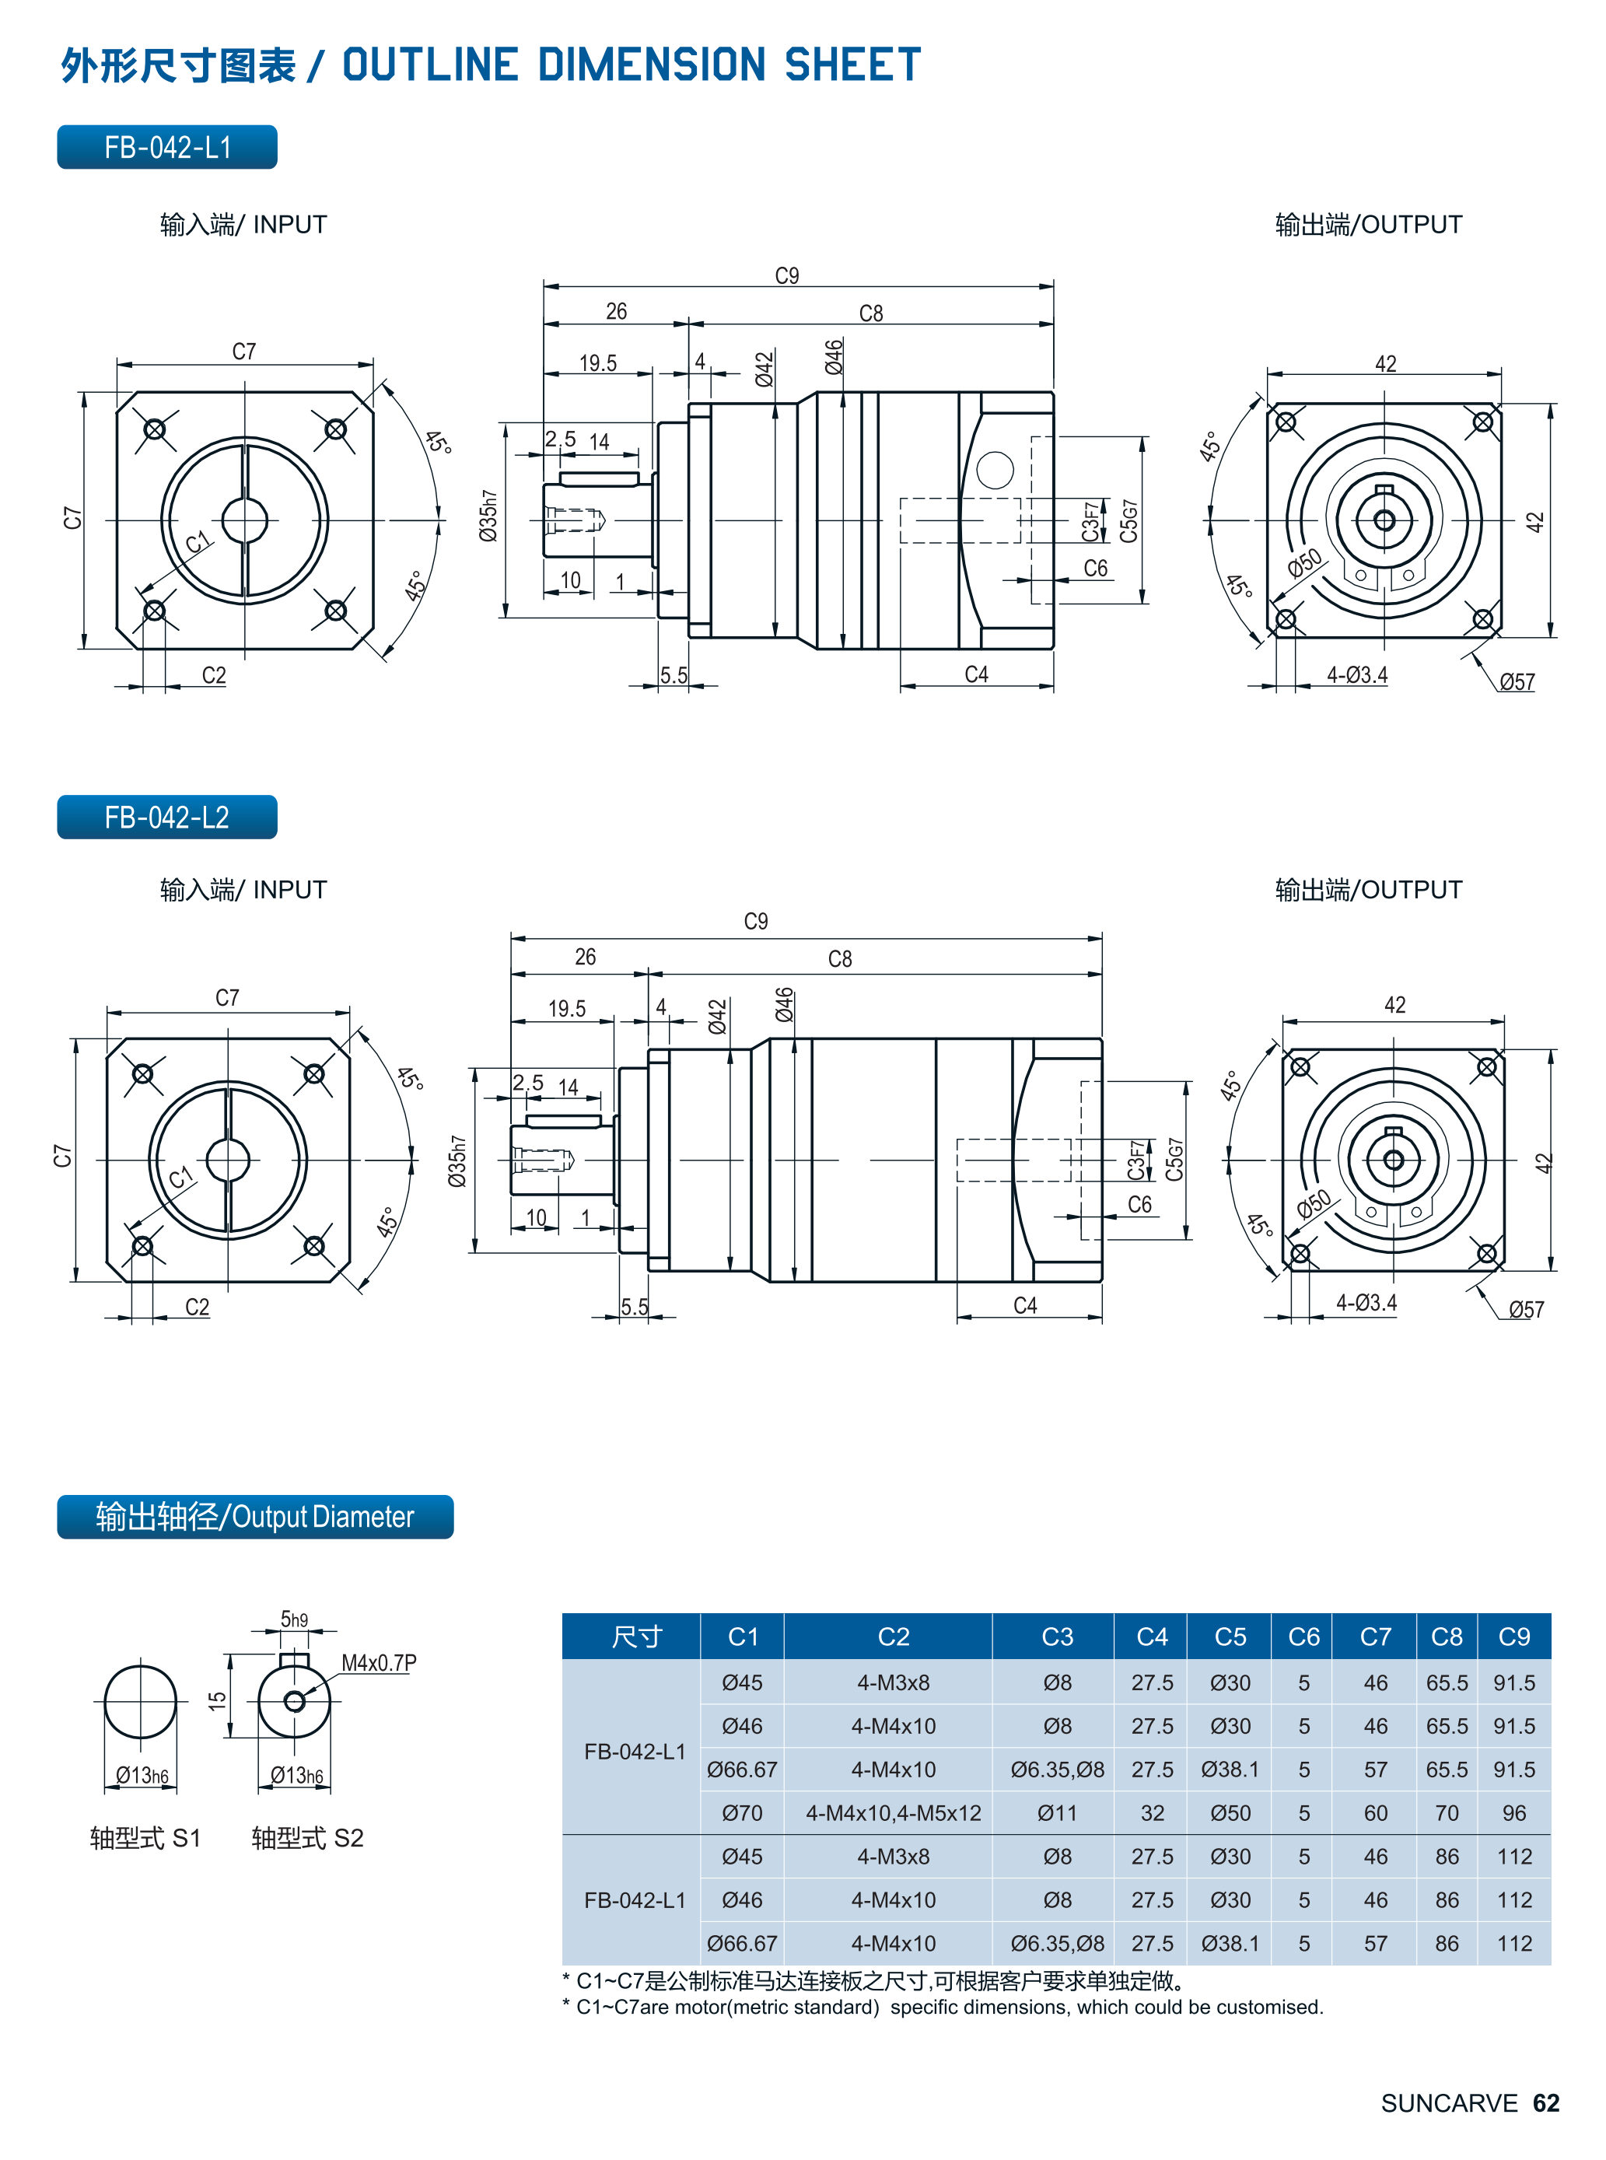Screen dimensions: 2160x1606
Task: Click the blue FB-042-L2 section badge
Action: tap(166, 817)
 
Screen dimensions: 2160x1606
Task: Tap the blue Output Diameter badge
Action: tap(255, 1517)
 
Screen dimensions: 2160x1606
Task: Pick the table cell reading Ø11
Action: tap(1057, 1813)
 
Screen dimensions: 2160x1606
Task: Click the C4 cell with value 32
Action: tap(1152, 1813)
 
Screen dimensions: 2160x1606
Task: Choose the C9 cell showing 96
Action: tap(1513, 1813)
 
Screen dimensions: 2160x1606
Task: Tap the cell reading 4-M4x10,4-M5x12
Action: tap(894, 1813)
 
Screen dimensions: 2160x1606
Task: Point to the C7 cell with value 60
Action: tap(1376, 1813)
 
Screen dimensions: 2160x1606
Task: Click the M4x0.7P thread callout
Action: tap(378, 1662)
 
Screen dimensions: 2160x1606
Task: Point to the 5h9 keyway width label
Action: tap(294, 1619)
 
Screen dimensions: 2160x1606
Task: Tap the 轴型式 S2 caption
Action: tap(307, 1838)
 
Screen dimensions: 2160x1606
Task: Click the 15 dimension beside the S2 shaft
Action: tap(217, 1700)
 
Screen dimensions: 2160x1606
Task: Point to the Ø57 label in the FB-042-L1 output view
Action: tap(1517, 681)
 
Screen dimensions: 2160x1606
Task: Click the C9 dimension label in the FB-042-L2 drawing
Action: tap(755, 921)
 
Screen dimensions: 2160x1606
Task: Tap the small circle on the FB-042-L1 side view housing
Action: tap(995, 470)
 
